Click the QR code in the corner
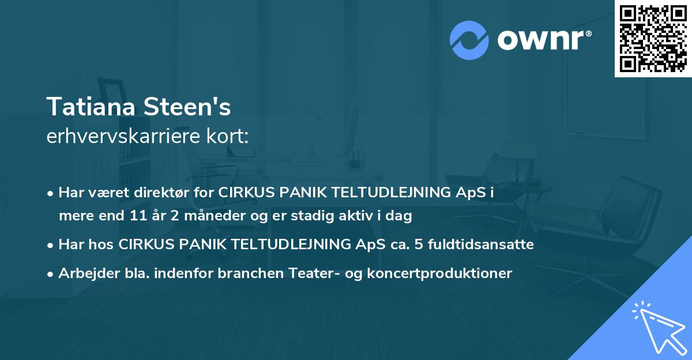tap(653, 38)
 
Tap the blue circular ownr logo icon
tap(469, 40)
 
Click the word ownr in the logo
tap(543, 40)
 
